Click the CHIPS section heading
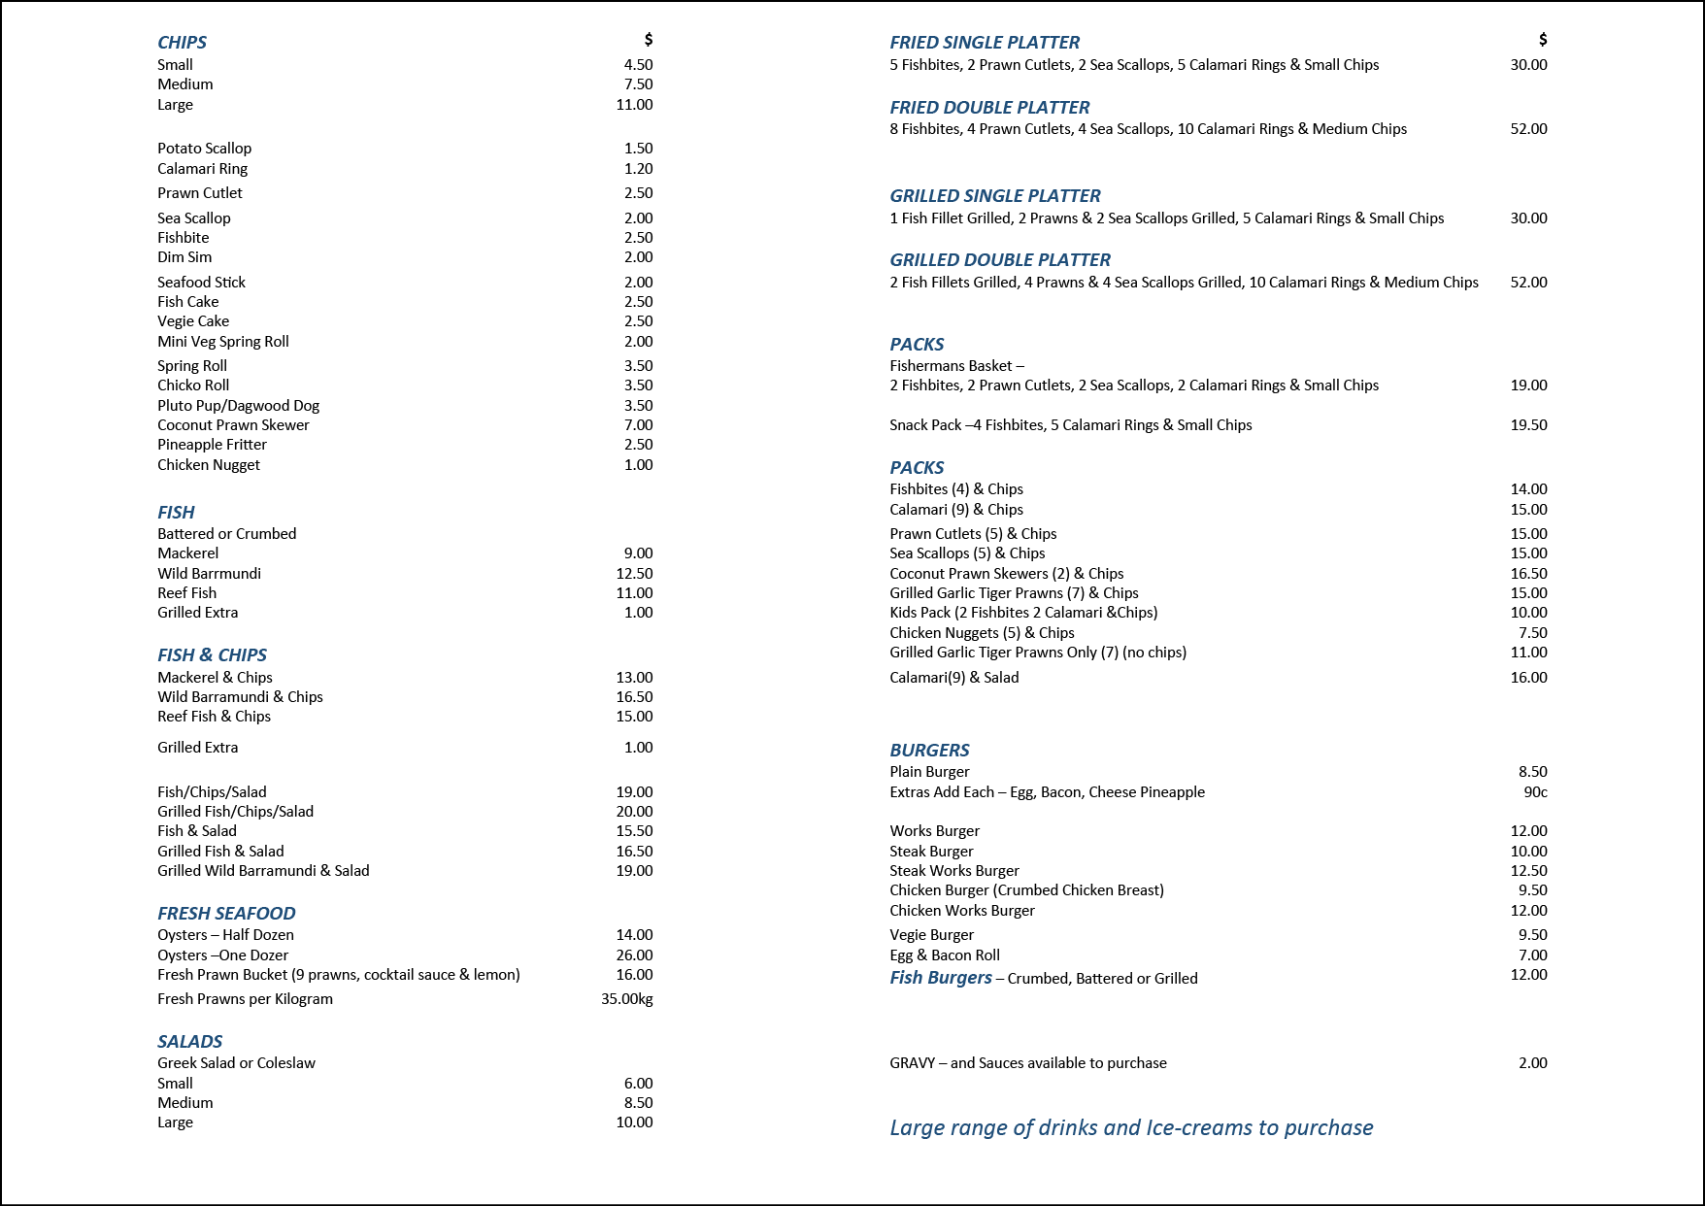pos(182,43)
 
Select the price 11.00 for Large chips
pos(634,105)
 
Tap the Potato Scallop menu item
pos(204,149)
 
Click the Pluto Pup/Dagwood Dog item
pos(238,406)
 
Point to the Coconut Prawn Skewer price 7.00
pos(638,425)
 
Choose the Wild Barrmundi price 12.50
pos(634,574)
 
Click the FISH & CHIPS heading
pos(212,655)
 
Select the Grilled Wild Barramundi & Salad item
pos(263,871)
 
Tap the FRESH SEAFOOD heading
pos(226,914)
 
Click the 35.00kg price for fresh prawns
pos(626,999)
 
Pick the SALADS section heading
pos(190,1042)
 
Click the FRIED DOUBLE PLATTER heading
pos(989,108)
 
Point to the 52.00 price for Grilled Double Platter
pos(1528,283)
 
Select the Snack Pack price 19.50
pos(1528,425)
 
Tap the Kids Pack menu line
pos(1023,613)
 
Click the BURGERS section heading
pos(929,751)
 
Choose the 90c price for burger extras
pos(1535,792)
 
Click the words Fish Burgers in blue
pos(941,978)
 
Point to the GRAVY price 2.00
pos(1532,1063)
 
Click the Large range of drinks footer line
pos(1131,1128)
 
